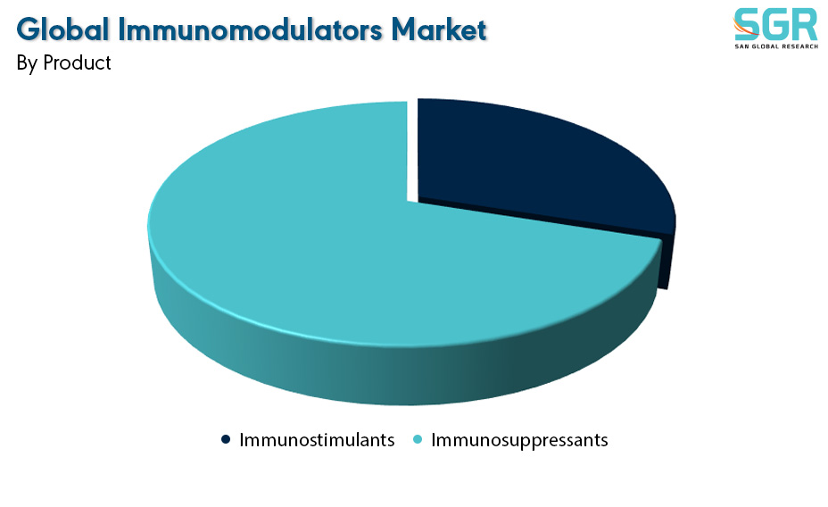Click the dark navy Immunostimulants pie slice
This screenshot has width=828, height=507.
[x=534, y=163]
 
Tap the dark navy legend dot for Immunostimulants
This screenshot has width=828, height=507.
[x=226, y=439]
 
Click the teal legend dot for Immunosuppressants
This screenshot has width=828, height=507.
[x=418, y=439]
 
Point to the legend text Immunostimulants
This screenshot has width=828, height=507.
[x=317, y=439]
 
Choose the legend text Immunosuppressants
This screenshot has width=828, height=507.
[x=519, y=440]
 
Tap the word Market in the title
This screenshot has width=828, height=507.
[x=438, y=29]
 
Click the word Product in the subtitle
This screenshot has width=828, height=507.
[x=77, y=62]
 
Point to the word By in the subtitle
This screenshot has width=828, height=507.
[x=27, y=63]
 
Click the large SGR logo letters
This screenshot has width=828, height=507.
[x=775, y=25]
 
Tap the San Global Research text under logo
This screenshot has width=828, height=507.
[x=776, y=46]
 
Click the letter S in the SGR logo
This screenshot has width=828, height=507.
[x=746, y=25]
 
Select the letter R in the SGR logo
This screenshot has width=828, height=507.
[x=805, y=25]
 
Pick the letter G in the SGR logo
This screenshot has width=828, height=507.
[x=775, y=25]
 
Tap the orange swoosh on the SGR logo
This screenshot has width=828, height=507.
[x=744, y=27]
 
